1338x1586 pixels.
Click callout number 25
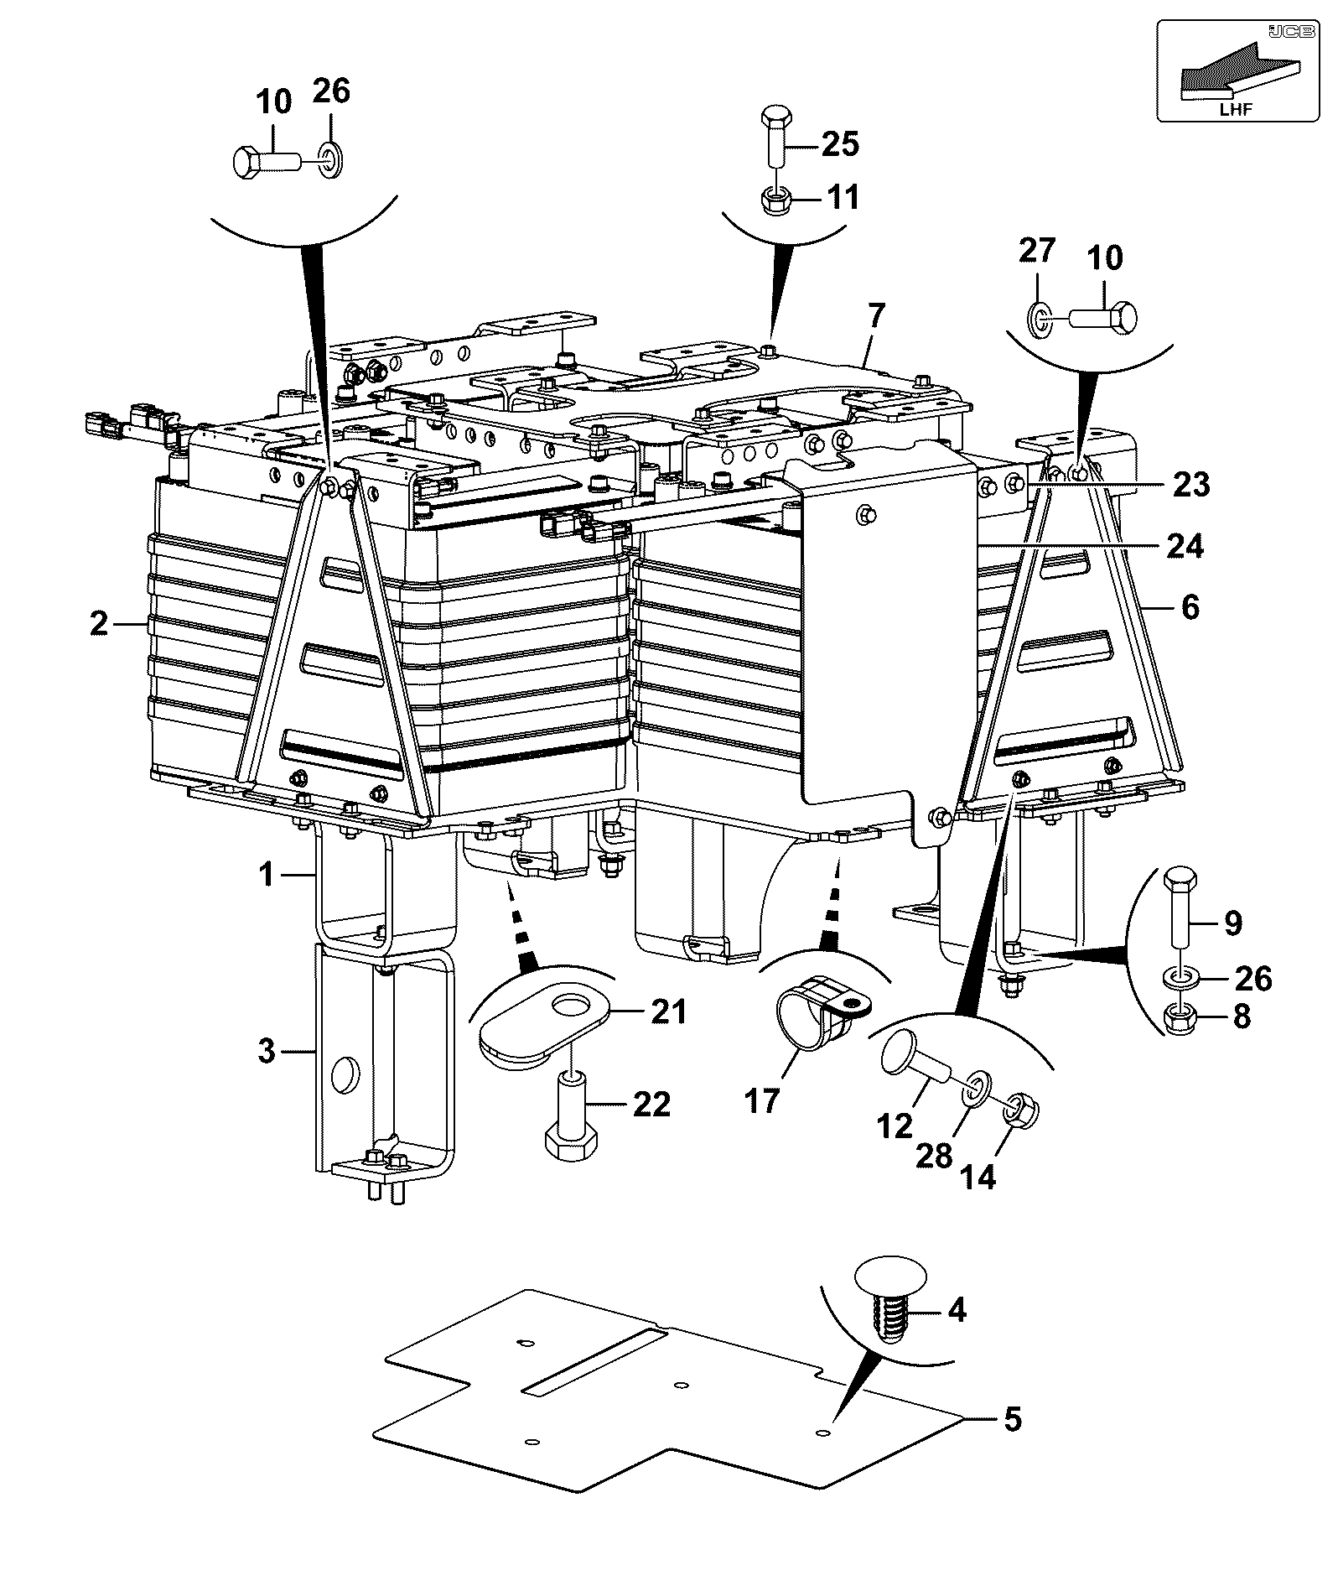[x=841, y=144]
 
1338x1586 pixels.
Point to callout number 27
[x=1037, y=251]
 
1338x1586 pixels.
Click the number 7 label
[x=875, y=316]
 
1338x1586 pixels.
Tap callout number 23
[x=1191, y=484]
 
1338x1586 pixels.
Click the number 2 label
[x=99, y=623]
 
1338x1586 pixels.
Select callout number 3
[x=267, y=1050]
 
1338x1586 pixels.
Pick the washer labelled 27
[x=1037, y=320]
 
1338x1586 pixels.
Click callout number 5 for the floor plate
[x=1012, y=1420]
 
